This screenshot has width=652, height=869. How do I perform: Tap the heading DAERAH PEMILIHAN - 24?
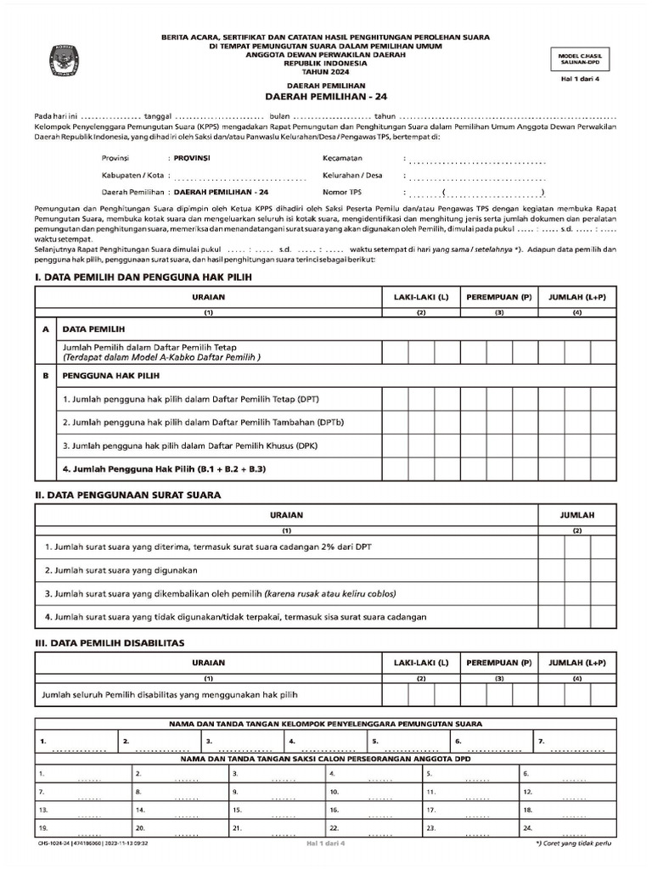[327, 97]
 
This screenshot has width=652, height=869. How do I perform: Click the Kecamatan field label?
[342, 159]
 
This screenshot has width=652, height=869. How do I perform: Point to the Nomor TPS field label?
[341, 192]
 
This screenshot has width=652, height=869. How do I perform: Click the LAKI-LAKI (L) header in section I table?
[420, 298]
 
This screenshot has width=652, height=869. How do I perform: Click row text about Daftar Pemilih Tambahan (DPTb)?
[203, 422]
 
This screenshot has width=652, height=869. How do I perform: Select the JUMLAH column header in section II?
[576, 515]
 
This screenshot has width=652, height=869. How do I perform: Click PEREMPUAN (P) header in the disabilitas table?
[499, 662]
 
